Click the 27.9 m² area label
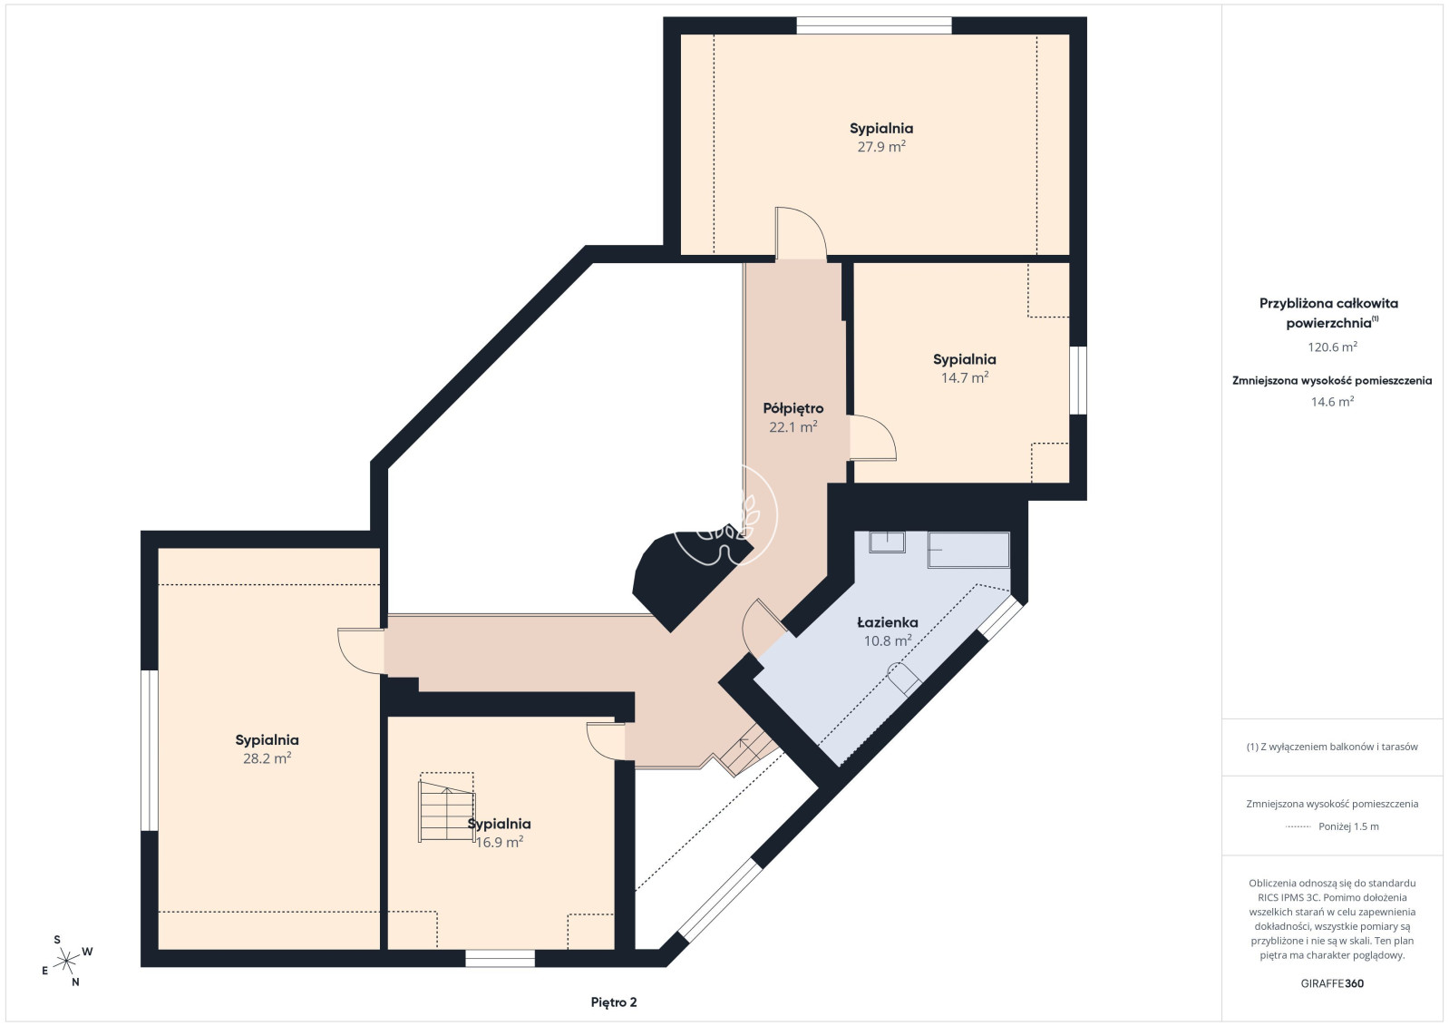tap(881, 147)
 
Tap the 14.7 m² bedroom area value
tap(965, 377)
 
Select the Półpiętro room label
tap(793, 408)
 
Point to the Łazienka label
tap(888, 622)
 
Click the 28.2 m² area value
tap(267, 758)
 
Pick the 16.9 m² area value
tap(499, 842)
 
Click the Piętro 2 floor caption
tap(614, 1002)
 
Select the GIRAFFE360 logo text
tap(1332, 983)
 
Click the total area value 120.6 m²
tap(1332, 347)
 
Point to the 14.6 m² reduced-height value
tap(1332, 402)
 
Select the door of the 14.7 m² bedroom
tap(872, 437)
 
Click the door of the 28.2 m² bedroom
tap(361, 651)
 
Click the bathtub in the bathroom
tap(968, 550)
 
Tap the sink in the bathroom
tap(887, 542)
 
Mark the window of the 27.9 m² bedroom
tap(874, 26)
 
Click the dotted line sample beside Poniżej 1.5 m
tap(1298, 826)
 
